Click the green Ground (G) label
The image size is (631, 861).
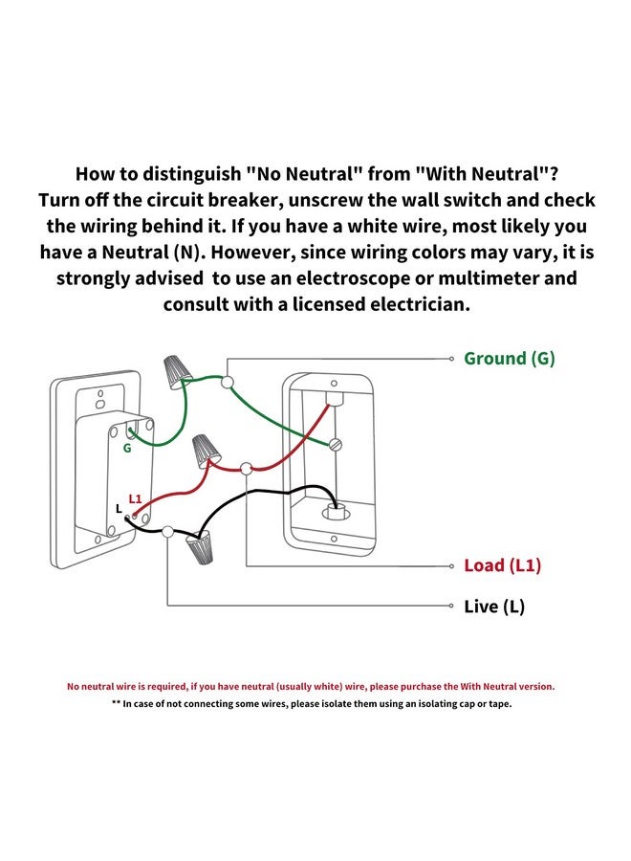click(x=510, y=359)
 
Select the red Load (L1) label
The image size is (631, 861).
click(x=503, y=565)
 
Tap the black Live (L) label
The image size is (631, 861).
click(x=494, y=607)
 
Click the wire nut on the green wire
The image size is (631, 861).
click(x=178, y=370)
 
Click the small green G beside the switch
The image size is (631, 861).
click(x=127, y=448)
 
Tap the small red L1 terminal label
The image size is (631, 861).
click(x=135, y=498)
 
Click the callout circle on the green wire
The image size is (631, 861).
click(x=228, y=382)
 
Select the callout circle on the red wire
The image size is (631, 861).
click(x=247, y=469)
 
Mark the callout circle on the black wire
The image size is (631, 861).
click(x=168, y=531)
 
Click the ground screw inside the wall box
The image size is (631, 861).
click(x=335, y=444)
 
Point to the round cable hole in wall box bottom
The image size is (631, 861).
click(x=335, y=513)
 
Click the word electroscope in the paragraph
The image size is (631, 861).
click(x=354, y=277)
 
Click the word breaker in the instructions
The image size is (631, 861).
click(x=247, y=200)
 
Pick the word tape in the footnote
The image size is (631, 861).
click(x=501, y=703)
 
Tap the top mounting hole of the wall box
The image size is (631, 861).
click(x=335, y=384)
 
